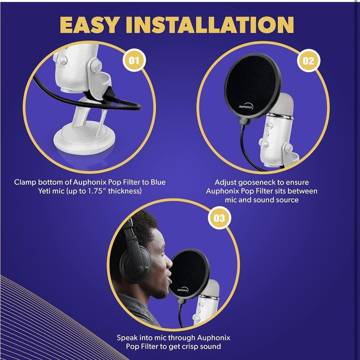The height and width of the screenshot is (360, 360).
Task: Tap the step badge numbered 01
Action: pyautogui.click(x=134, y=60)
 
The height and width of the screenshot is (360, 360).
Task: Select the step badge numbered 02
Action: pyautogui.click(x=308, y=60)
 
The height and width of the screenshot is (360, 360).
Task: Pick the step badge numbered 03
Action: pyautogui.click(x=219, y=218)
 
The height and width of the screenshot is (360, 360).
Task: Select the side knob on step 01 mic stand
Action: pyautogui.click(x=96, y=66)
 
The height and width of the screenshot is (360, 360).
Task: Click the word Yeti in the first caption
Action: pyautogui.click(x=46, y=191)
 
